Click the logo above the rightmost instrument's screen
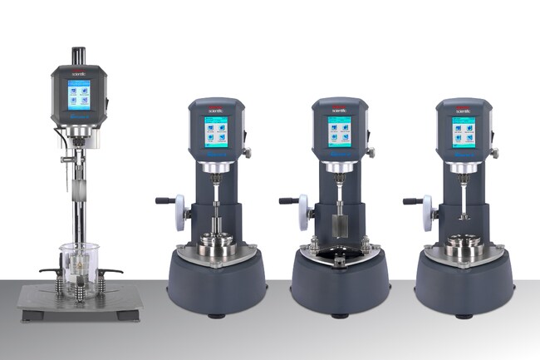pos(463,108)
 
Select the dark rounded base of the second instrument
pos(216,283)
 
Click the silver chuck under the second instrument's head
pos(216,170)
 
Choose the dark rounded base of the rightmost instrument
pos(463,283)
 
